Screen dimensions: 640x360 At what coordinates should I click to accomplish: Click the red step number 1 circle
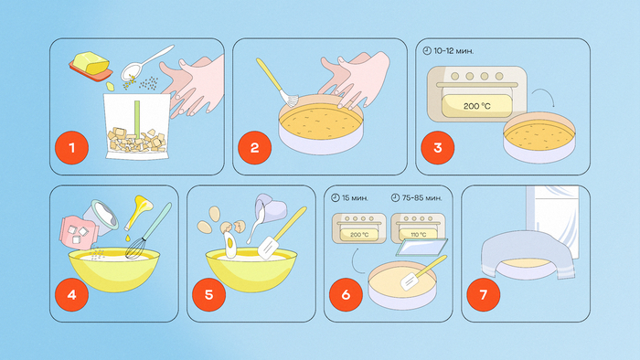click(x=72, y=148)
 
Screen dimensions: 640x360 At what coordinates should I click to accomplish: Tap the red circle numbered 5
click(x=209, y=294)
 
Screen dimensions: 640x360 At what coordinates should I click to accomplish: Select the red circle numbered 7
click(x=484, y=294)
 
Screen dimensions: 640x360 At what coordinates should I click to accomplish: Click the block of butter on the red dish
click(x=91, y=63)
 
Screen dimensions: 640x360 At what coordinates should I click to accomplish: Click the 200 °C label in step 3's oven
click(x=476, y=106)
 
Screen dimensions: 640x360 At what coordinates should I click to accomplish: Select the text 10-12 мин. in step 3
click(x=453, y=51)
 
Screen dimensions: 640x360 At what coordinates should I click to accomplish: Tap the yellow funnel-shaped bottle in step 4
click(x=138, y=212)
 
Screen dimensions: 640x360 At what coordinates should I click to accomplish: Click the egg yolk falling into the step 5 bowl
click(x=229, y=243)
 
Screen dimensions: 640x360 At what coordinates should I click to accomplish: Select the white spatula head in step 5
click(x=268, y=247)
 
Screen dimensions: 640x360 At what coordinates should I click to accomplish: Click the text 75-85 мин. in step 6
click(x=421, y=197)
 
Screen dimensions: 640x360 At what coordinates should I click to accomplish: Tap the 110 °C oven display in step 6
click(x=418, y=235)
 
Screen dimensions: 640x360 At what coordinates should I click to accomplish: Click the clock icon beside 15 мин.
click(x=336, y=197)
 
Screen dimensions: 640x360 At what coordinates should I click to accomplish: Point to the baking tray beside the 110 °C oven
click(x=421, y=247)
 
